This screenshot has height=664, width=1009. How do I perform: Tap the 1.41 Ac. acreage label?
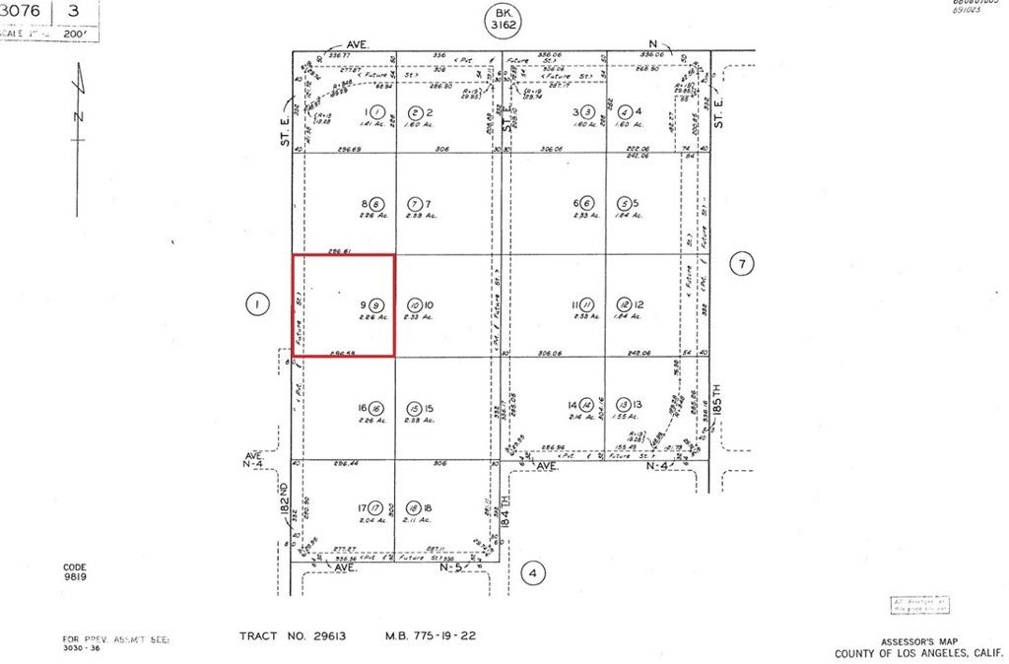pos(373,125)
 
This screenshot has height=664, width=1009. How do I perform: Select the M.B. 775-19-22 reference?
pos(430,636)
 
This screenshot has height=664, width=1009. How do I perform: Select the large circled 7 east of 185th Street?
pos(742,263)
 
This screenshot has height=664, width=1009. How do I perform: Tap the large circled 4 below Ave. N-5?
pos(532,572)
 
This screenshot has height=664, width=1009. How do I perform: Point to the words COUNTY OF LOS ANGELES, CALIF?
pos(916,653)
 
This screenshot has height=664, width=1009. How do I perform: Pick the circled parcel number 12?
pos(624,305)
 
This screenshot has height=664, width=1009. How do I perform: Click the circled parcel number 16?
pos(376,408)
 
